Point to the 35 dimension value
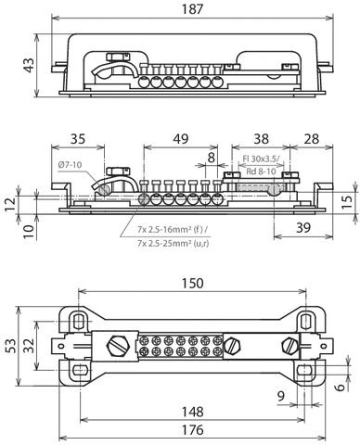coord(77,139)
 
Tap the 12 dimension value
coord(10,201)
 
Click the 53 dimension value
coord(10,346)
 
